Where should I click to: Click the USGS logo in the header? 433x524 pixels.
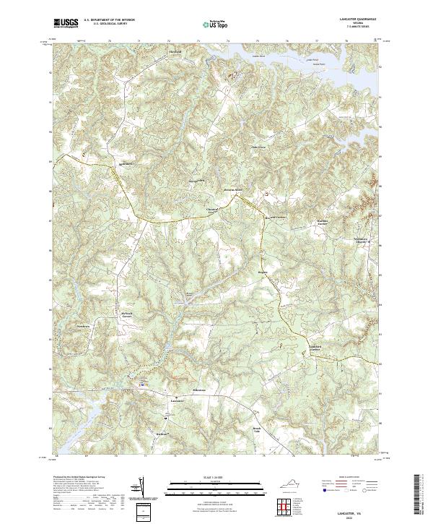coord(66,24)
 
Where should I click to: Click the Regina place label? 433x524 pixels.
coord(263,273)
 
